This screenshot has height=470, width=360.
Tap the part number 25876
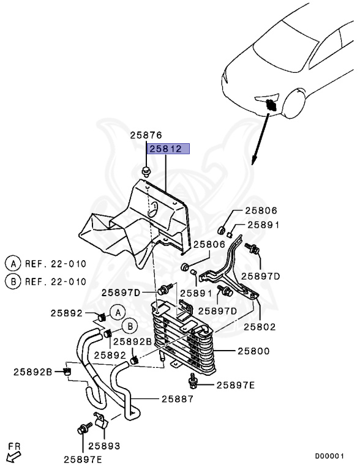(146, 135)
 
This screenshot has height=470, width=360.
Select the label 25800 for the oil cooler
(253, 351)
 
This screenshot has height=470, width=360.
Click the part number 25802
(260, 326)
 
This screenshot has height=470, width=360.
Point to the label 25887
(178, 399)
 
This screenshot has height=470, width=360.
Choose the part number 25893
(104, 446)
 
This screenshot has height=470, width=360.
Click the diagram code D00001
(329, 456)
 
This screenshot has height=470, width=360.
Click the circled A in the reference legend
(13, 264)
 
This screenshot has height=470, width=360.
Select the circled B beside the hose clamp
(130, 326)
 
